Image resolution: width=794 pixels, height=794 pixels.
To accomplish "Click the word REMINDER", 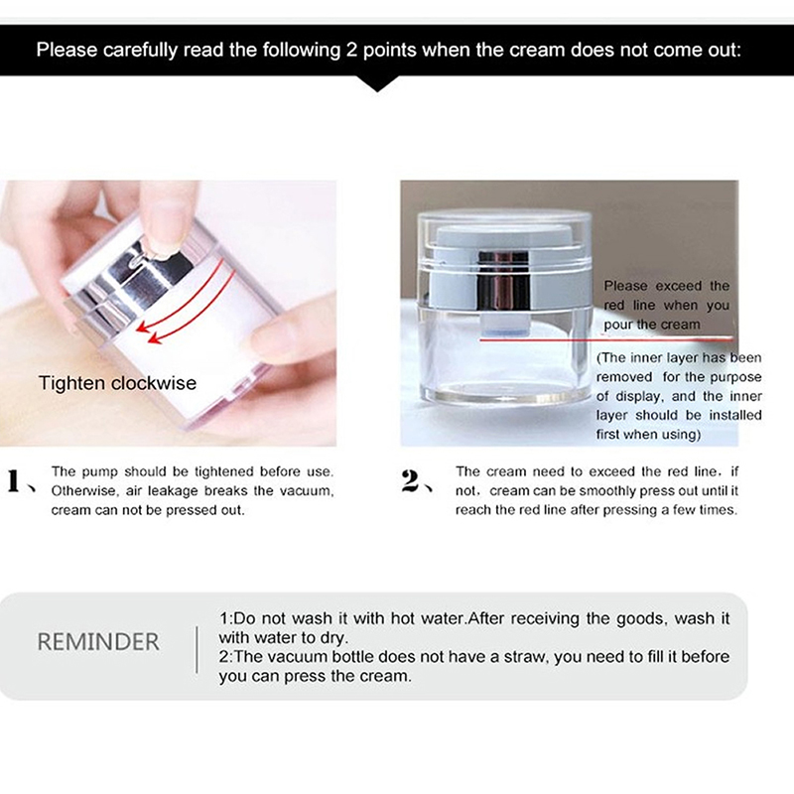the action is (x=98, y=641).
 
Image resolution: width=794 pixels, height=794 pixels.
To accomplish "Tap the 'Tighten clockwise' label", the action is (x=117, y=383).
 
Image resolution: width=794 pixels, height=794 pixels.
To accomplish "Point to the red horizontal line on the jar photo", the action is (x=606, y=339).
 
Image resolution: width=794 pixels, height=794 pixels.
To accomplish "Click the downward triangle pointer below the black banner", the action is (x=377, y=83).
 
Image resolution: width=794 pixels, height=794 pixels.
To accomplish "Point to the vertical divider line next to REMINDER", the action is (x=197, y=650).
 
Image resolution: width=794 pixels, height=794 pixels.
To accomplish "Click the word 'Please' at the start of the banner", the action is (x=66, y=51).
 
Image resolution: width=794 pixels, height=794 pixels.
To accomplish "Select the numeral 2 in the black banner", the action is (x=351, y=51).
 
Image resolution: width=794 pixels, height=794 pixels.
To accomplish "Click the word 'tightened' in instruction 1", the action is (x=224, y=471).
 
